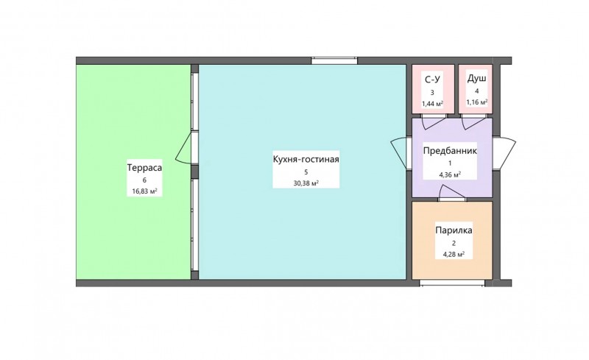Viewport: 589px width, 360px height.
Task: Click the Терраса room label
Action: coord(144,168)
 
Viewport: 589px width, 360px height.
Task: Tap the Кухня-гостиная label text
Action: coord(306,159)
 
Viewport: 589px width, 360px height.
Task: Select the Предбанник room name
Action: coord(450,151)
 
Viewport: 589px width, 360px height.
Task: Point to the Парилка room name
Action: coord(454,230)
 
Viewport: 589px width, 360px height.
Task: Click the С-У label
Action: coord(432,80)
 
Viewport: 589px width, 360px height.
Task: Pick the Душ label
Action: coord(477,79)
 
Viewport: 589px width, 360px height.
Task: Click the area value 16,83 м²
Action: coord(144,191)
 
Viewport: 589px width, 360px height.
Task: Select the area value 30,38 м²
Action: coord(306,183)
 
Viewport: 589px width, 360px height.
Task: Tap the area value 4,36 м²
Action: coord(450,174)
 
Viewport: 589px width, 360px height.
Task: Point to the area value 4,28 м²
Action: coord(454,254)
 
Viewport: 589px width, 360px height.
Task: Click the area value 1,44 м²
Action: coord(432,104)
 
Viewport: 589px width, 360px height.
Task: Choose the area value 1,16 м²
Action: coord(477,102)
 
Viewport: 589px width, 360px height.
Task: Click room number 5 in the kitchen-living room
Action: coord(306,172)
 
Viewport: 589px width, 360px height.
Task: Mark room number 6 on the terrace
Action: coord(144,180)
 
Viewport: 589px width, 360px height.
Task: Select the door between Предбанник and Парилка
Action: coord(452,194)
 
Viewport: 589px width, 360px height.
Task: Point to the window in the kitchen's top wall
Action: coord(334,60)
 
